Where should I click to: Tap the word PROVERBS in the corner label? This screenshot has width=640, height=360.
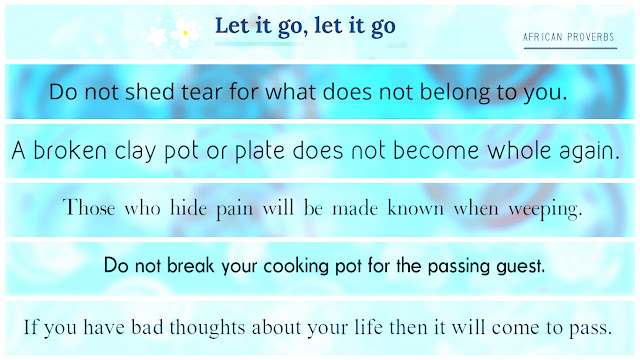tap(591, 37)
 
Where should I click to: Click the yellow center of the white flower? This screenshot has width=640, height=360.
tap(185, 33)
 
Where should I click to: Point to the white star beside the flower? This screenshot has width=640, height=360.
tap(157, 36)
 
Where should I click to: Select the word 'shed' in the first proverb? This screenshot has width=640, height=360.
tap(149, 91)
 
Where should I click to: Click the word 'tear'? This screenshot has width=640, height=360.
tap(202, 92)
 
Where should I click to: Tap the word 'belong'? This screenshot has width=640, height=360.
tap(455, 93)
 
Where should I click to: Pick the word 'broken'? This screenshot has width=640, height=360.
tap(70, 151)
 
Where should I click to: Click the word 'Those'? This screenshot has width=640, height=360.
tap(89, 208)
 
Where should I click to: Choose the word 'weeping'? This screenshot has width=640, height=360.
tap(545, 210)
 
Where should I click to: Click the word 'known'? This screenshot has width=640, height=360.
tap(415, 208)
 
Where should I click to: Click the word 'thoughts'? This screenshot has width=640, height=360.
tap(207, 328)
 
